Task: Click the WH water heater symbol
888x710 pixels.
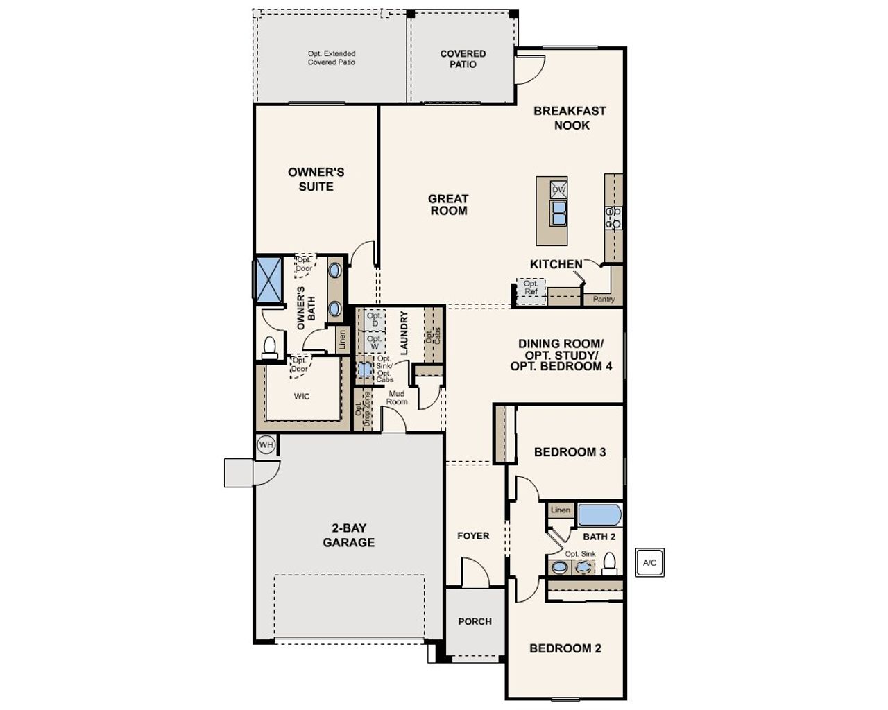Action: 266,444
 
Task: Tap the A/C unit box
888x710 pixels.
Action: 649,562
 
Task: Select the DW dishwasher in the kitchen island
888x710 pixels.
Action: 558,189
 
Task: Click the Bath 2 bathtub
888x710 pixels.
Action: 599,515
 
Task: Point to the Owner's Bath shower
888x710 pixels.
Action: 268,279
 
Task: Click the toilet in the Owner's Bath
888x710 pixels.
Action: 269,347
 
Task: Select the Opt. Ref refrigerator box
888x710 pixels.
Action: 531,288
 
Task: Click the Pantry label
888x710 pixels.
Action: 604,300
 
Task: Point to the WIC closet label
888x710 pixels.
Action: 302,397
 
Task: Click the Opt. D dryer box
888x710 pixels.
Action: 375,320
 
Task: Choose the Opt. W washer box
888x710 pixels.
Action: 375,343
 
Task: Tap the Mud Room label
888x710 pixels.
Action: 397,398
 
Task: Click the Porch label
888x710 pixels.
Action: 475,621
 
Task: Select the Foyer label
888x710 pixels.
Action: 473,536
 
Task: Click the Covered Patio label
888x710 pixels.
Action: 463,59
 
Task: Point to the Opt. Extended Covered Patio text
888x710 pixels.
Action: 332,58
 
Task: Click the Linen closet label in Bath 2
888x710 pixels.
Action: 561,510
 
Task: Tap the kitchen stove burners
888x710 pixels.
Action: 613,217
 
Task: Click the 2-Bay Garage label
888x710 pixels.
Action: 348,535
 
